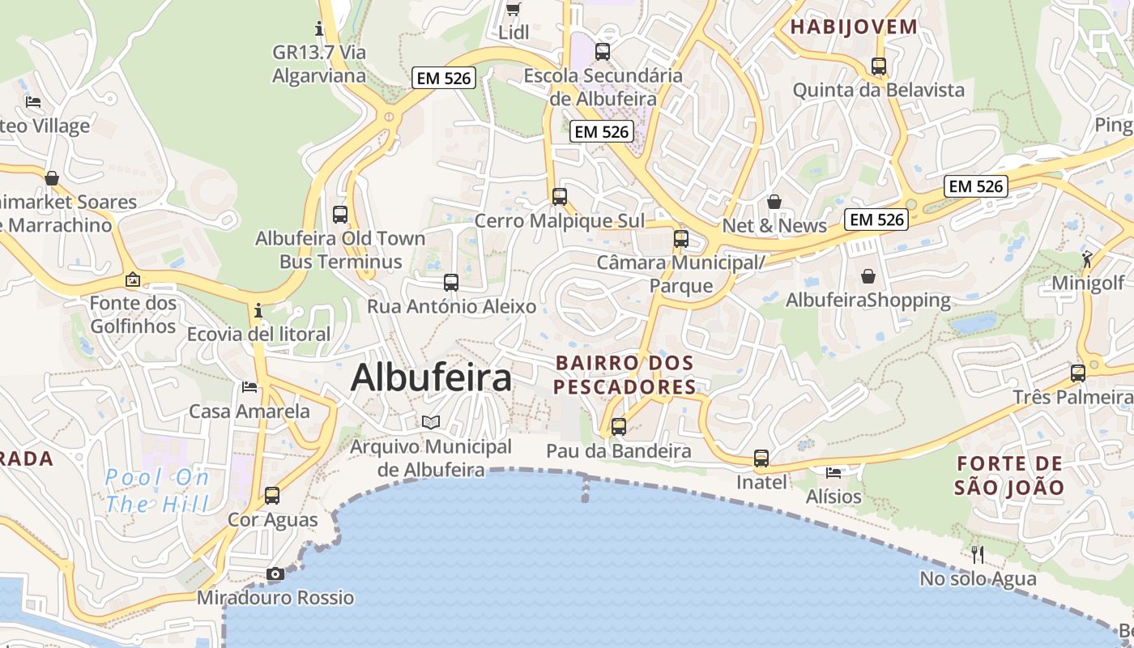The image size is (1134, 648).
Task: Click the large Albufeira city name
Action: click(431, 378)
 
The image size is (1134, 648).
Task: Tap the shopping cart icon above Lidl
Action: click(513, 9)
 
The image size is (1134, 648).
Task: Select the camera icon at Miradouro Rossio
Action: click(275, 573)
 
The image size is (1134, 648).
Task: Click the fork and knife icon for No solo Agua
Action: click(978, 554)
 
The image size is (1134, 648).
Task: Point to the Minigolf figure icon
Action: click(1087, 259)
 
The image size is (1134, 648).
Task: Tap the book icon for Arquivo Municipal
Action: click(430, 422)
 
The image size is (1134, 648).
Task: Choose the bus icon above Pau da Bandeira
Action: click(619, 426)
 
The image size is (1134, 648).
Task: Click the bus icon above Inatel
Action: click(761, 458)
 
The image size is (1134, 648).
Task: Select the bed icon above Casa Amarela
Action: click(249, 387)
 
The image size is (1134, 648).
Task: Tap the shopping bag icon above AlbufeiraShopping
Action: click(868, 276)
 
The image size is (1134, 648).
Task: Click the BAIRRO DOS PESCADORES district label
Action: click(625, 374)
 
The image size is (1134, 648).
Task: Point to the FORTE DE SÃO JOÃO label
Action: click(1008, 475)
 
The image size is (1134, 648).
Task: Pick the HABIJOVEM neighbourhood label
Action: click(854, 27)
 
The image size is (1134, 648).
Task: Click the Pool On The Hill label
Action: click(157, 490)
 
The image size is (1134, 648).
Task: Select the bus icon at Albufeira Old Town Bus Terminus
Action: click(340, 215)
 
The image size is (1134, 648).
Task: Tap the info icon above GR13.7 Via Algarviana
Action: click(319, 29)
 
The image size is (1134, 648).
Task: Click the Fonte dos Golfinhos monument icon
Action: click(133, 280)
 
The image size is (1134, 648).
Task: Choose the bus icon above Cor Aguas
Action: click(272, 495)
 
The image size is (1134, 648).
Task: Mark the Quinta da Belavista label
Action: click(879, 89)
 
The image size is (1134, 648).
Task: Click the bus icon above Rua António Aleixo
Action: click(451, 283)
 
